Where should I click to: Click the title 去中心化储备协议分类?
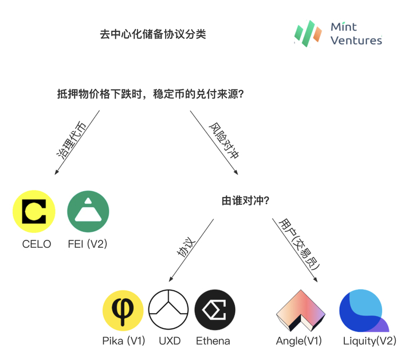(153, 34)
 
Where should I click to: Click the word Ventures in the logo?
(356, 40)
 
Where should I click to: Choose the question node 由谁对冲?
(246, 201)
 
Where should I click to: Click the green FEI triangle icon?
(88, 211)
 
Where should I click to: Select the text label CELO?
(37, 244)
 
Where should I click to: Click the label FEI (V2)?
(87, 244)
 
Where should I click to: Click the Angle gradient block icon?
(300, 311)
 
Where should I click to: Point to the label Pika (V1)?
(123, 342)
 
